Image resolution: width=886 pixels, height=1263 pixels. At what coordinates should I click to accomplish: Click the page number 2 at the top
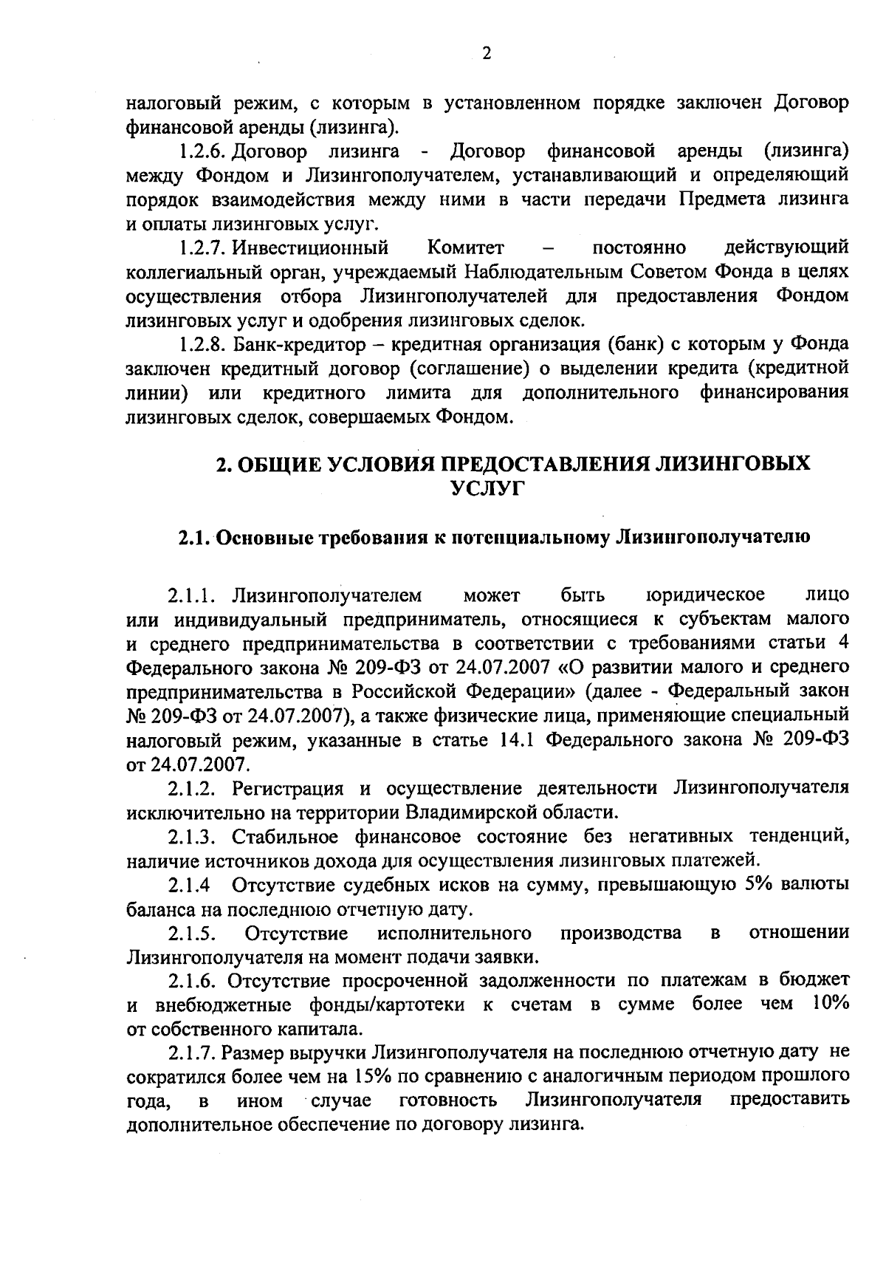pyautogui.click(x=486, y=52)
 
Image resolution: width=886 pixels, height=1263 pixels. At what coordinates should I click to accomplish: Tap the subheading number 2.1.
pyautogui.click(x=195, y=537)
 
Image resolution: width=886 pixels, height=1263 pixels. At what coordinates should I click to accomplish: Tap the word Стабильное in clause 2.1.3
pyautogui.click(x=285, y=837)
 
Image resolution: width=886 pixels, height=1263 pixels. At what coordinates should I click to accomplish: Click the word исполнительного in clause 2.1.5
pyautogui.click(x=455, y=933)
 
